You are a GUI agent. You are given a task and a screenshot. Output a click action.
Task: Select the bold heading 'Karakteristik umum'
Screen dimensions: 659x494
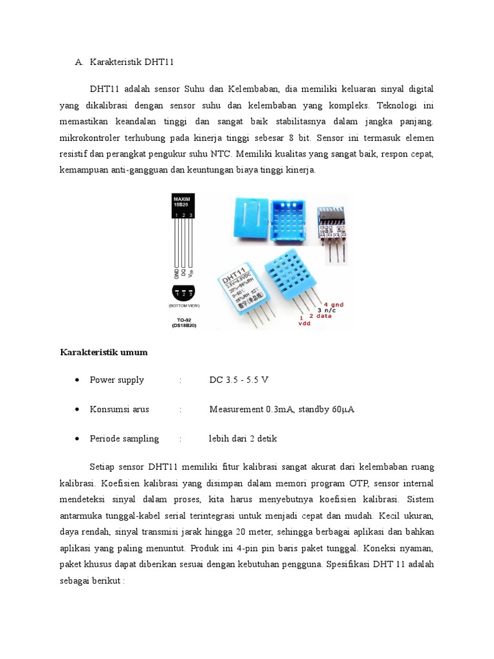click(104, 352)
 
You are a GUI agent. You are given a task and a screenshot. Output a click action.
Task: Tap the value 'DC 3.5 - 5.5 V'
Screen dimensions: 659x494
click(239, 380)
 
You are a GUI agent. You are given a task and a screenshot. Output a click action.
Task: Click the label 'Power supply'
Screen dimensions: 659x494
click(117, 380)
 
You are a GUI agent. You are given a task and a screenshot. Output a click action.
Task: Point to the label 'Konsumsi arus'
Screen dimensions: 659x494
click(120, 409)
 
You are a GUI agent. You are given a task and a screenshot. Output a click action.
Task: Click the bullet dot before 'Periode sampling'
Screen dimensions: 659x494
click(77, 439)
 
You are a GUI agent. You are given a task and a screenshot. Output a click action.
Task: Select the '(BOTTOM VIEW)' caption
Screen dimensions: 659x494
click(183, 306)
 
